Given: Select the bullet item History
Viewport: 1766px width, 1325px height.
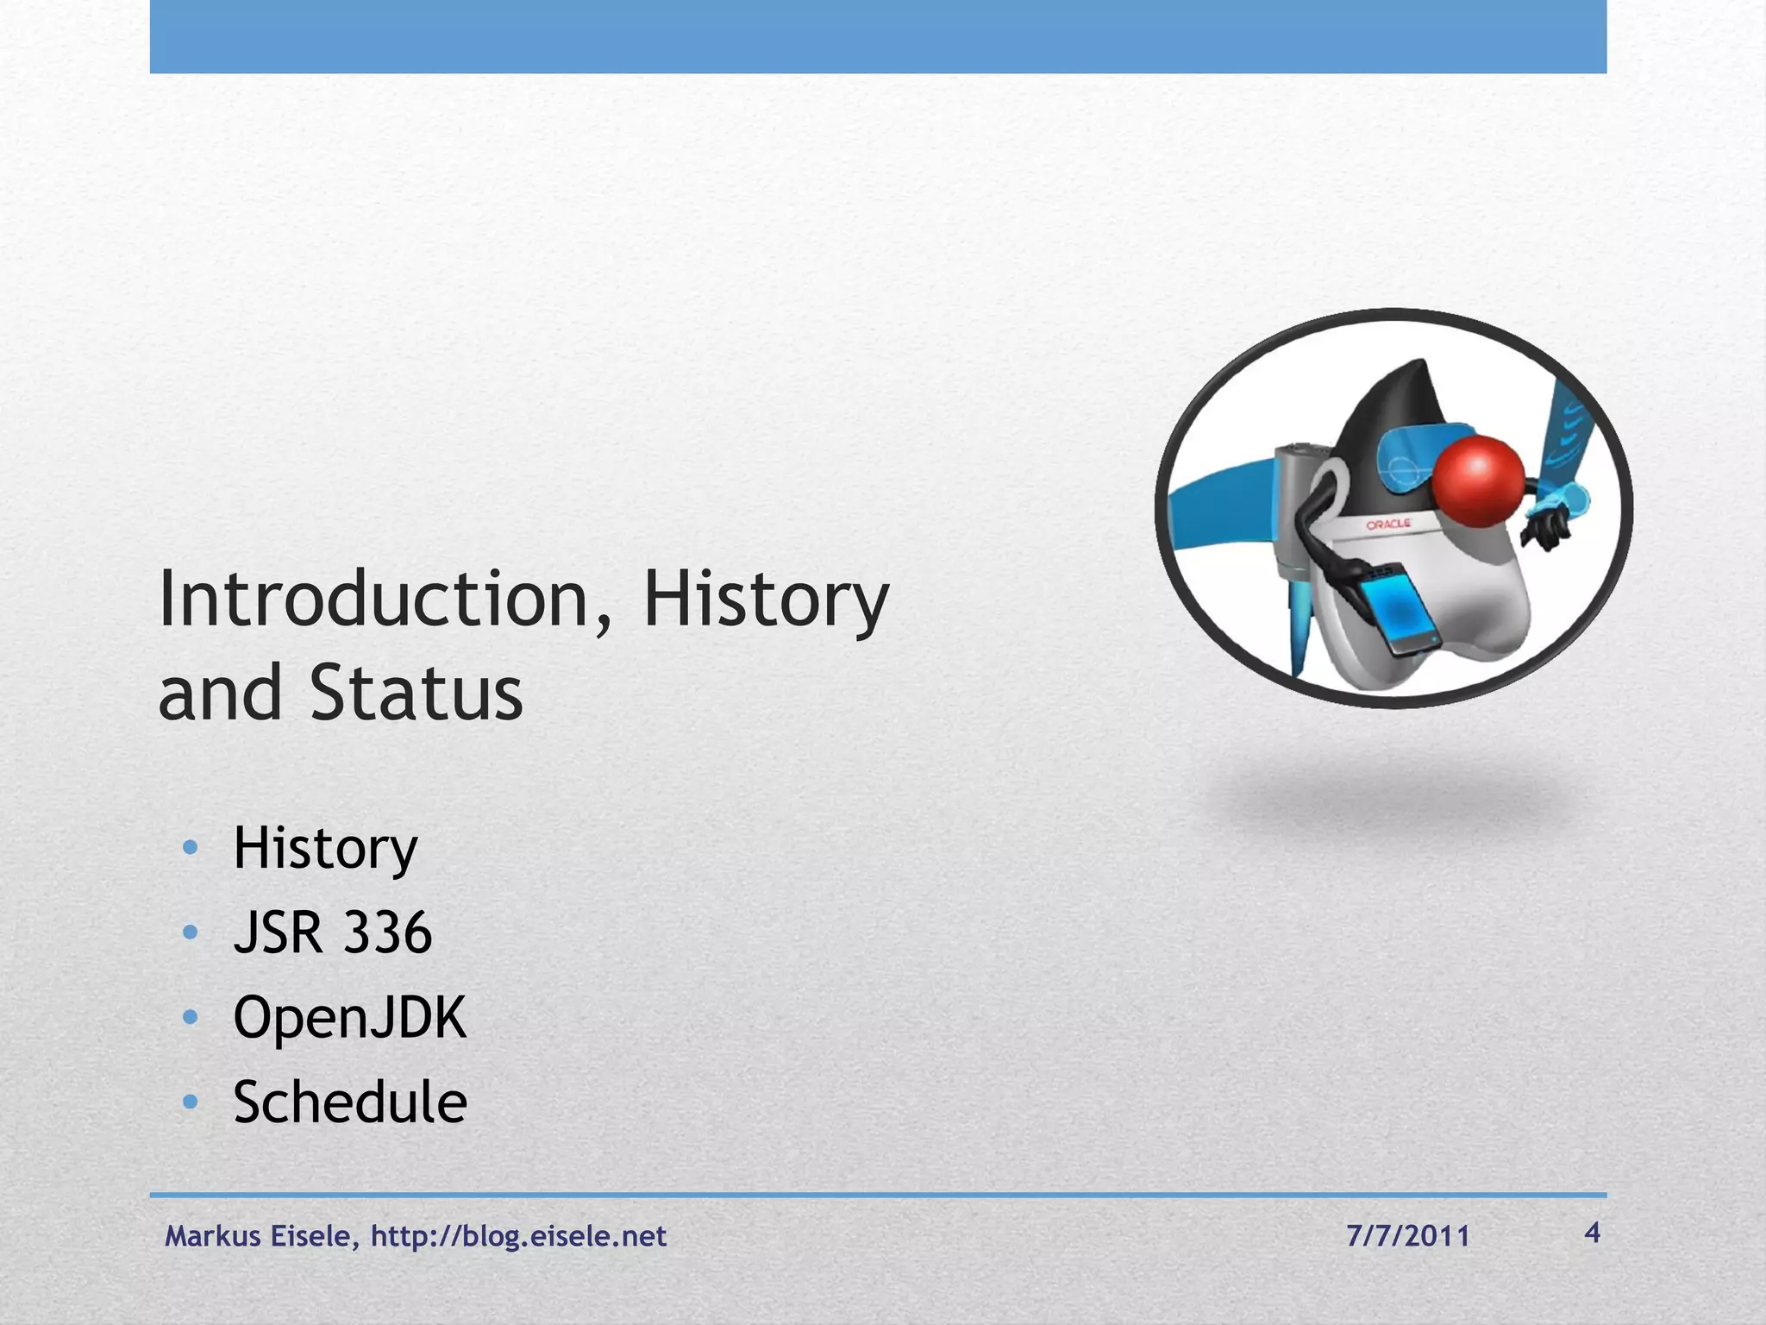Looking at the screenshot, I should (x=325, y=849).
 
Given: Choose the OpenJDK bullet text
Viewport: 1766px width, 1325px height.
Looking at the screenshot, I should (x=349, y=1018).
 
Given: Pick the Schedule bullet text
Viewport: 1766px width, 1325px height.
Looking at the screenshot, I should (x=349, y=1102).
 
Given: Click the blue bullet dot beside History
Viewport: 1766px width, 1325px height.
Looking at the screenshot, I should (x=191, y=847).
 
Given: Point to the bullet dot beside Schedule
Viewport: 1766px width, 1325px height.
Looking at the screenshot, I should (x=191, y=1102).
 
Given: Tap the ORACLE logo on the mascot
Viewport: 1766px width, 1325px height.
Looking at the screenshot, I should (x=1388, y=524).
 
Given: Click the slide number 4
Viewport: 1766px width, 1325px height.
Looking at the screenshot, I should (x=1592, y=1233).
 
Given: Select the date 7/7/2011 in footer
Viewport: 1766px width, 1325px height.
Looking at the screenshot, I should (x=1407, y=1236).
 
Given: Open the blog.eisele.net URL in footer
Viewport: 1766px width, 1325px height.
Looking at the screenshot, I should (x=518, y=1236).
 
